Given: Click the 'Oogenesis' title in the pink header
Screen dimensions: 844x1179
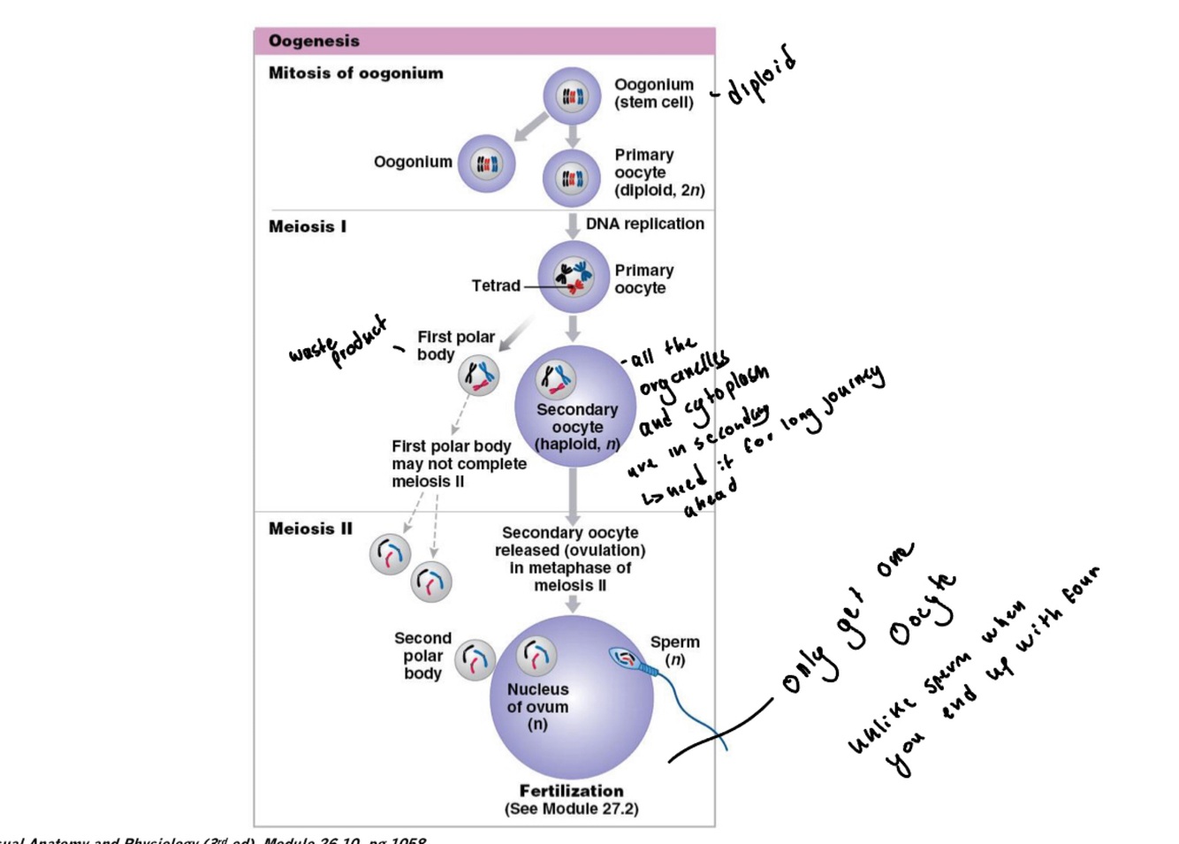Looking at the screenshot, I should [314, 41].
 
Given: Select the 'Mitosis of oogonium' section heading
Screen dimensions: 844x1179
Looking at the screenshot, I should [355, 73].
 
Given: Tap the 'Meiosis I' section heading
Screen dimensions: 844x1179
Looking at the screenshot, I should [308, 226].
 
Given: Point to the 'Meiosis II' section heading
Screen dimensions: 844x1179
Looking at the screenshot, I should [310, 528].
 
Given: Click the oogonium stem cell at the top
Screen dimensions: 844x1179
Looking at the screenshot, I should [572, 95].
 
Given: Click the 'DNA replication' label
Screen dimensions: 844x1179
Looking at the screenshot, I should [644, 224].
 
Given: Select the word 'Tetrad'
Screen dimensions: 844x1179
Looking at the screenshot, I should [495, 285].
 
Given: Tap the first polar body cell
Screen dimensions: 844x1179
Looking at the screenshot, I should [478, 376].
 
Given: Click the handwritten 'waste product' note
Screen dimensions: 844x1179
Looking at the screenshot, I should [339, 342].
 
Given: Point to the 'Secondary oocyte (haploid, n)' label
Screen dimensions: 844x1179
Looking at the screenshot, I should [577, 427].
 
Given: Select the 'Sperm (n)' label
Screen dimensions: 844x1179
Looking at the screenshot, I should [674, 650].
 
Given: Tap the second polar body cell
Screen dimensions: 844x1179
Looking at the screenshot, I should [475, 659].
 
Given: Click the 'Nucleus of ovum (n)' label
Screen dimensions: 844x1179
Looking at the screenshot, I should [537, 706].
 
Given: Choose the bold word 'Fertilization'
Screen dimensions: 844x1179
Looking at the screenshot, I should [571, 791].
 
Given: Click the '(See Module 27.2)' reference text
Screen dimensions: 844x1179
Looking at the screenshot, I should [571, 809].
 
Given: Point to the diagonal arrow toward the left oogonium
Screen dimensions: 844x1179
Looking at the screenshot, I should [530, 126].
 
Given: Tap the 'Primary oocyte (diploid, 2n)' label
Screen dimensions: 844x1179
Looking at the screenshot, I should [658, 172].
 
